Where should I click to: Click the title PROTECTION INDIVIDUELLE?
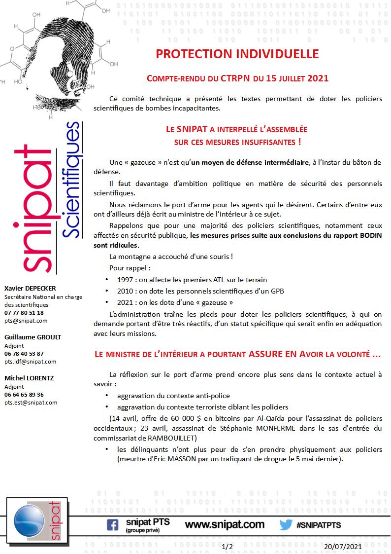(237, 54)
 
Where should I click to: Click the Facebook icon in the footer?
(112, 525)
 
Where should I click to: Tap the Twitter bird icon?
(286, 525)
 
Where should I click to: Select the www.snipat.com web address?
(225, 524)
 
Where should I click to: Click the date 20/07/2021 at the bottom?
(343, 547)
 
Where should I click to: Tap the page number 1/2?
(228, 547)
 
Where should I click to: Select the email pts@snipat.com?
(26, 320)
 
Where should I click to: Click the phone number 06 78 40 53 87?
(24, 353)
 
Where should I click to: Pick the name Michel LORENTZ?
(29, 378)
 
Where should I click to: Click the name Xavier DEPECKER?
(30, 288)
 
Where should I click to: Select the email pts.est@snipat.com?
(31, 402)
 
